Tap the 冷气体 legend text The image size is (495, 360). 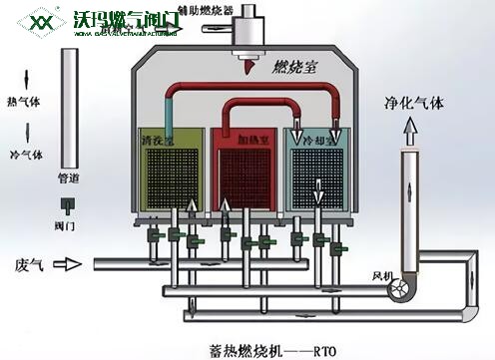coord(23,156)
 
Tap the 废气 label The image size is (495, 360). coord(27,265)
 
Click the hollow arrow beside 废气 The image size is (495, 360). coord(65,265)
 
